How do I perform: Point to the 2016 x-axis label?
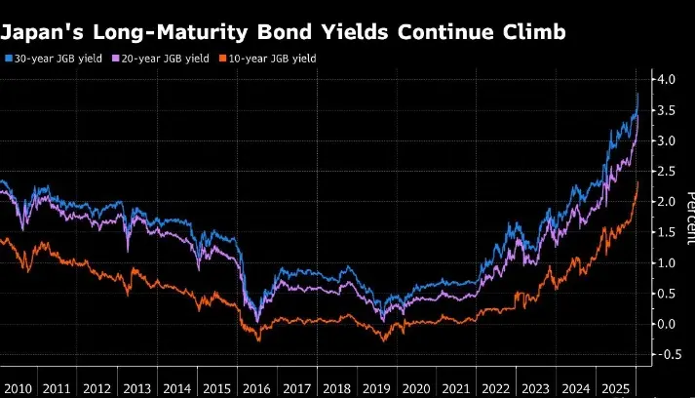256,388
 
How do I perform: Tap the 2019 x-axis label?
376,388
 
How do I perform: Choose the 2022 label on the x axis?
496,388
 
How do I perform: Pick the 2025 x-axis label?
615,388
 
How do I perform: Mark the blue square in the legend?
9,59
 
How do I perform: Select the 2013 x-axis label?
137,388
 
